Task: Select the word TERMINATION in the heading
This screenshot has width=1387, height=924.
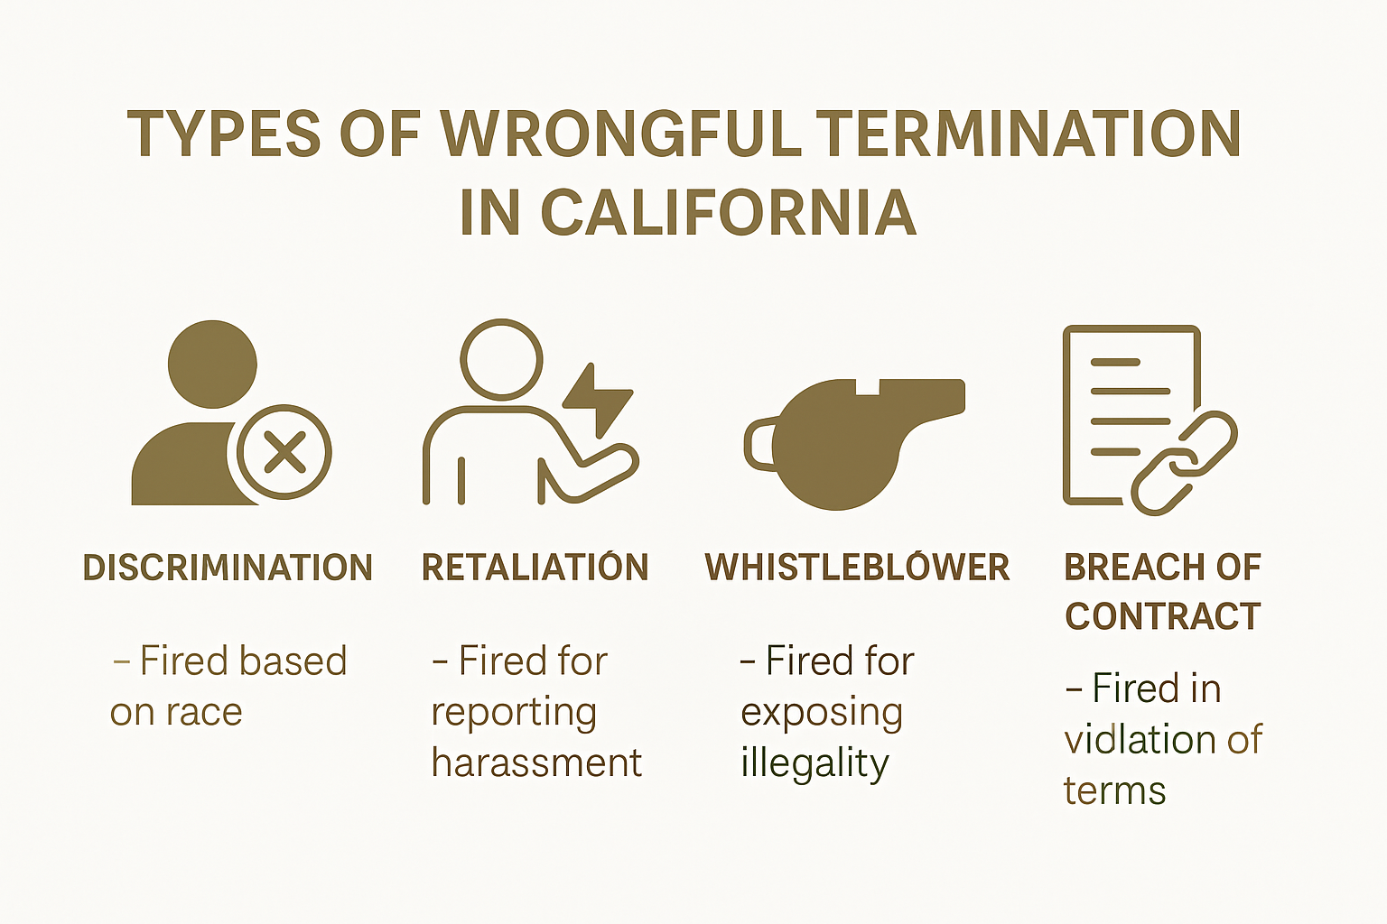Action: click(1032, 134)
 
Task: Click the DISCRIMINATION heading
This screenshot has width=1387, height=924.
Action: click(228, 568)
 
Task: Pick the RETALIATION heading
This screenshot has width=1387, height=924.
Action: click(535, 568)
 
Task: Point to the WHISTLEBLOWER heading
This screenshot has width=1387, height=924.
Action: click(857, 568)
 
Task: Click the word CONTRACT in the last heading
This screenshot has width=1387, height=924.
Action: click(1162, 616)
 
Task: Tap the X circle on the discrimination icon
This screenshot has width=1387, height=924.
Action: click(284, 452)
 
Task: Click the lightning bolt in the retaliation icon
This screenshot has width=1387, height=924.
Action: click(596, 398)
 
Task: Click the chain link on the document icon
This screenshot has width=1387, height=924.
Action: click(1184, 462)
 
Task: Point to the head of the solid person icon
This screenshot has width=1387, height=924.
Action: click(212, 365)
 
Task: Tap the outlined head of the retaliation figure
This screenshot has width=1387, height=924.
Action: click(501, 358)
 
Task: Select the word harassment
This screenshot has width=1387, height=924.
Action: click(536, 763)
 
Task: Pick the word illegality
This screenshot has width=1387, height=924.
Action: click(815, 763)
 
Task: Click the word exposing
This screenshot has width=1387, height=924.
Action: click(822, 713)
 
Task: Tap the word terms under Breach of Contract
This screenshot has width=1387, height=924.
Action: click(1114, 791)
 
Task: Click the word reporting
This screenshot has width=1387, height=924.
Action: click(514, 713)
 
